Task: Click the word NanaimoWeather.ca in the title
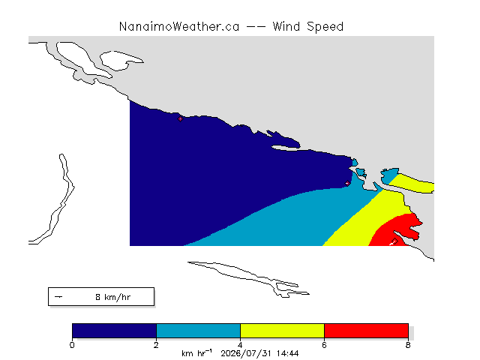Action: [x=179, y=27]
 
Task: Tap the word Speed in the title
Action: [x=325, y=27]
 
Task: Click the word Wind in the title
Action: [x=286, y=27]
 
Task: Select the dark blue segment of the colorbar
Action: [x=114, y=331]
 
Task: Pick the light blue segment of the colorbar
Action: [x=198, y=331]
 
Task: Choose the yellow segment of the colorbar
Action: [x=282, y=331]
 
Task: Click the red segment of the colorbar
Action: [x=366, y=331]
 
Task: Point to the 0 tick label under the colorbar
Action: [x=72, y=345]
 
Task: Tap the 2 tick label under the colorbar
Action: [x=156, y=345]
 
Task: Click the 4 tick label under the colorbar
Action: [x=240, y=345]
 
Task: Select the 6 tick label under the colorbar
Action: [x=324, y=345]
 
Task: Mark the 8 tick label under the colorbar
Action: [x=408, y=345]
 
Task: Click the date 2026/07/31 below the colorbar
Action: [x=246, y=353]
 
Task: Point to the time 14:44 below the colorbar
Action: [x=287, y=353]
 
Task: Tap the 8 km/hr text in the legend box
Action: [x=113, y=297]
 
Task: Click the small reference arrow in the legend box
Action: [x=58, y=297]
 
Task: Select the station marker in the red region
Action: [x=394, y=241]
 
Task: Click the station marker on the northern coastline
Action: [x=180, y=118]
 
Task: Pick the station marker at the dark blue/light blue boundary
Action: [x=347, y=183]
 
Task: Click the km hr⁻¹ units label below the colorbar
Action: [x=196, y=353]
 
